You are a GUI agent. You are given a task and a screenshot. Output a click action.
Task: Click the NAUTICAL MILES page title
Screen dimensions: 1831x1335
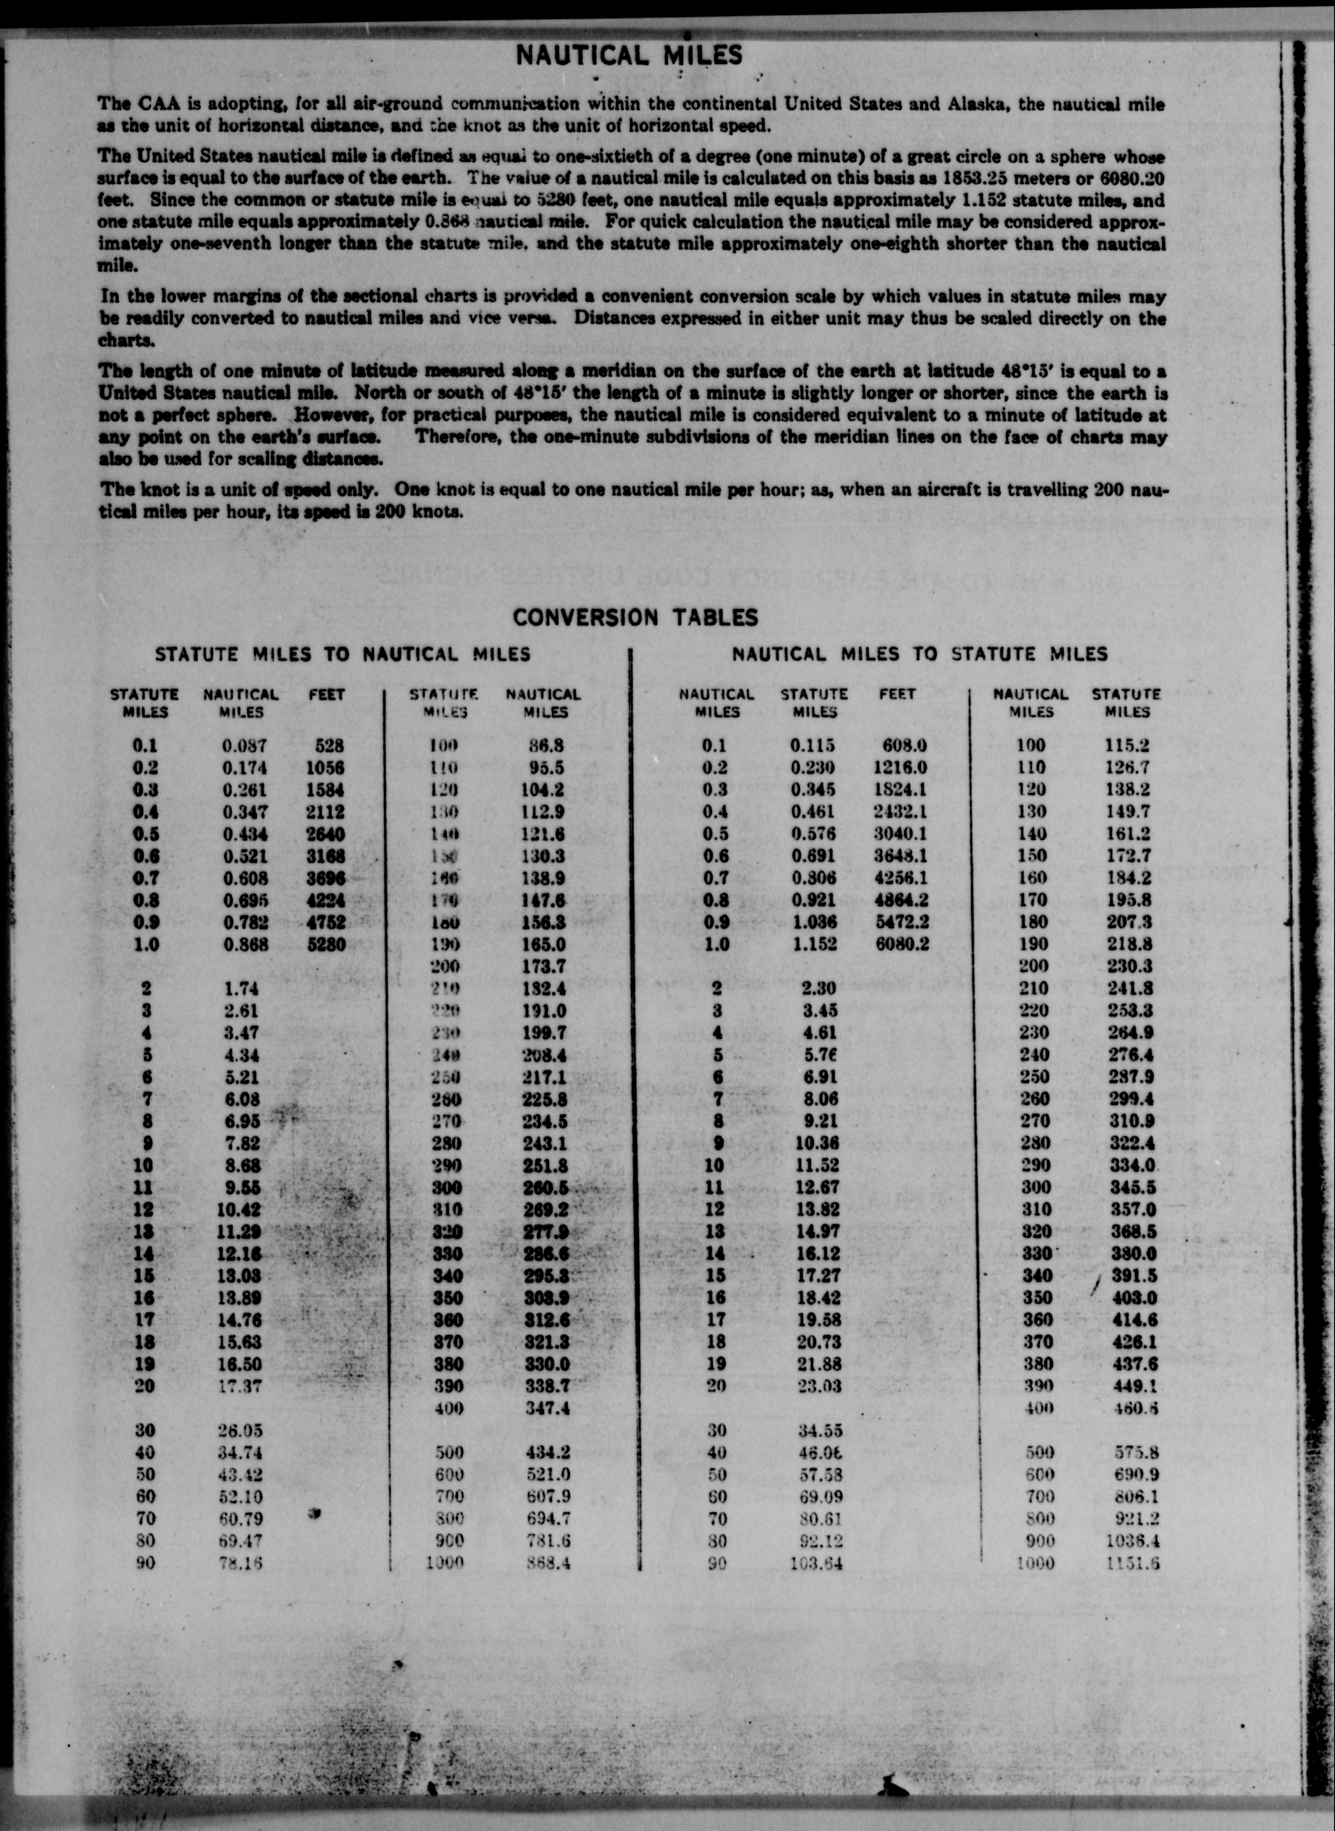point(629,55)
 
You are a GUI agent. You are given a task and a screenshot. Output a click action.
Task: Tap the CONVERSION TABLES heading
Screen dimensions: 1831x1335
point(636,618)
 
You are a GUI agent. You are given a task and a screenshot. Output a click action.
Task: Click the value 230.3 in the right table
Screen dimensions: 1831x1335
point(1129,966)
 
